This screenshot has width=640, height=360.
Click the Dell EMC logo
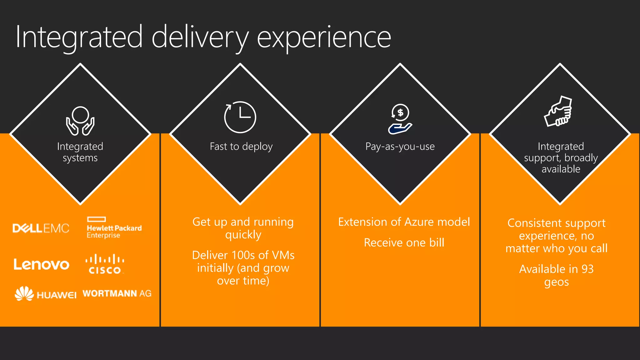point(41,228)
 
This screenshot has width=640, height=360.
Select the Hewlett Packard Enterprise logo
point(114,228)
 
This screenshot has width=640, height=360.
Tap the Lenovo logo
point(41,264)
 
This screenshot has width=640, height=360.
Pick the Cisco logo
point(105,264)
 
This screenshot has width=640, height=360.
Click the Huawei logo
point(46,294)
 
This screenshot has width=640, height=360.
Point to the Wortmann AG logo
point(117,293)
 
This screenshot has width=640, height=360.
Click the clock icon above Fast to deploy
point(240,117)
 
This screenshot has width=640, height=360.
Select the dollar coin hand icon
point(400,119)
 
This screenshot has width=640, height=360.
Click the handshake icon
point(559,112)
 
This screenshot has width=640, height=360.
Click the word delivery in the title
point(200,37)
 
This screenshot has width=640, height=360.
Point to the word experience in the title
point(324,37)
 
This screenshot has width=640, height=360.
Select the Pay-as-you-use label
point(400,146)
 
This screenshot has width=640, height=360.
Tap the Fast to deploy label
point(241,146)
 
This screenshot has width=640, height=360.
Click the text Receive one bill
point(404,243)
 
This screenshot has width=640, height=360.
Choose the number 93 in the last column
point(587,269)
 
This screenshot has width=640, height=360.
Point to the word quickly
point(243,235)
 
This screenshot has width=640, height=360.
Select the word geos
point(556,282)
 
